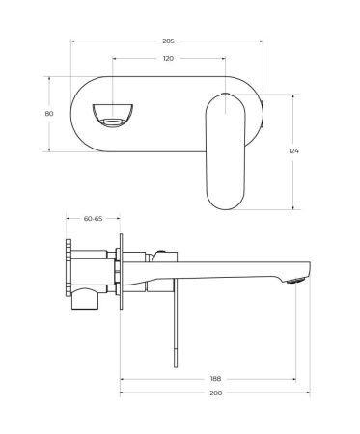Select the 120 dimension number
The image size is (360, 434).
[x=168, y=59]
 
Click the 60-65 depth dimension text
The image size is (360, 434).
[x=94, y=219]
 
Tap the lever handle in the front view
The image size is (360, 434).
[x=228, y=154]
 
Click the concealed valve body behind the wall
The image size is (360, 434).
[x=92, y=270]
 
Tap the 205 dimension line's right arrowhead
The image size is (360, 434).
[x=261, y=42]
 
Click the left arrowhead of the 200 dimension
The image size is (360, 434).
[x=122, y=393]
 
